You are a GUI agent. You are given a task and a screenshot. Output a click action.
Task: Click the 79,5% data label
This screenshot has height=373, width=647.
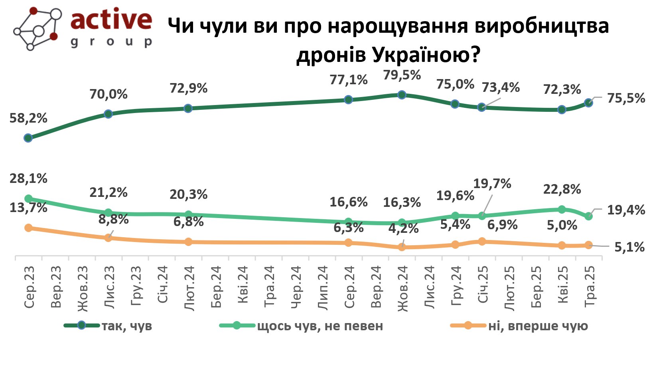(x=402, y=75)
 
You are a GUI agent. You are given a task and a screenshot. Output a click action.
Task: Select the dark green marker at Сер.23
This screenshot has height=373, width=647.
(x=28, y=138)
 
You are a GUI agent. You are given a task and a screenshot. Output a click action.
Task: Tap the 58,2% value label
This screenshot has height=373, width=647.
(x=28, y=118)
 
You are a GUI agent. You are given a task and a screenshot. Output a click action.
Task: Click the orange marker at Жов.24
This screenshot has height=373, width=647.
(x=402, y=247)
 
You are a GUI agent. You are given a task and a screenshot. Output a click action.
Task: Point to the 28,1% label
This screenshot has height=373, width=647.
(x=28, y=179)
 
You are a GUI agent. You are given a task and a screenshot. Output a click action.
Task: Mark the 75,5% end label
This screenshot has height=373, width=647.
(x=625, y=98)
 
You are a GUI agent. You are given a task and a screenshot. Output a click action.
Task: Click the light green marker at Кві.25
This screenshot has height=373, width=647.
(x=562, y=210)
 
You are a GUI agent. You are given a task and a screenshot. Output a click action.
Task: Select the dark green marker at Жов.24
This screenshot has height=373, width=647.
(x=402, y=95)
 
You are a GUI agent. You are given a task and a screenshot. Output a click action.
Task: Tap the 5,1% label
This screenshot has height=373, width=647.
(x=629, y=247)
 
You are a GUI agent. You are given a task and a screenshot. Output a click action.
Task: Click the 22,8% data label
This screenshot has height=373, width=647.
(x=562, y=189)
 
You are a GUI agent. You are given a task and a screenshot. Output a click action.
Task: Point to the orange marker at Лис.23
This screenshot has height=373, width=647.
(x=108, y=238)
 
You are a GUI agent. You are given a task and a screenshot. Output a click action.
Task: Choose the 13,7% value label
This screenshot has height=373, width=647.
(x=28, y=208)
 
